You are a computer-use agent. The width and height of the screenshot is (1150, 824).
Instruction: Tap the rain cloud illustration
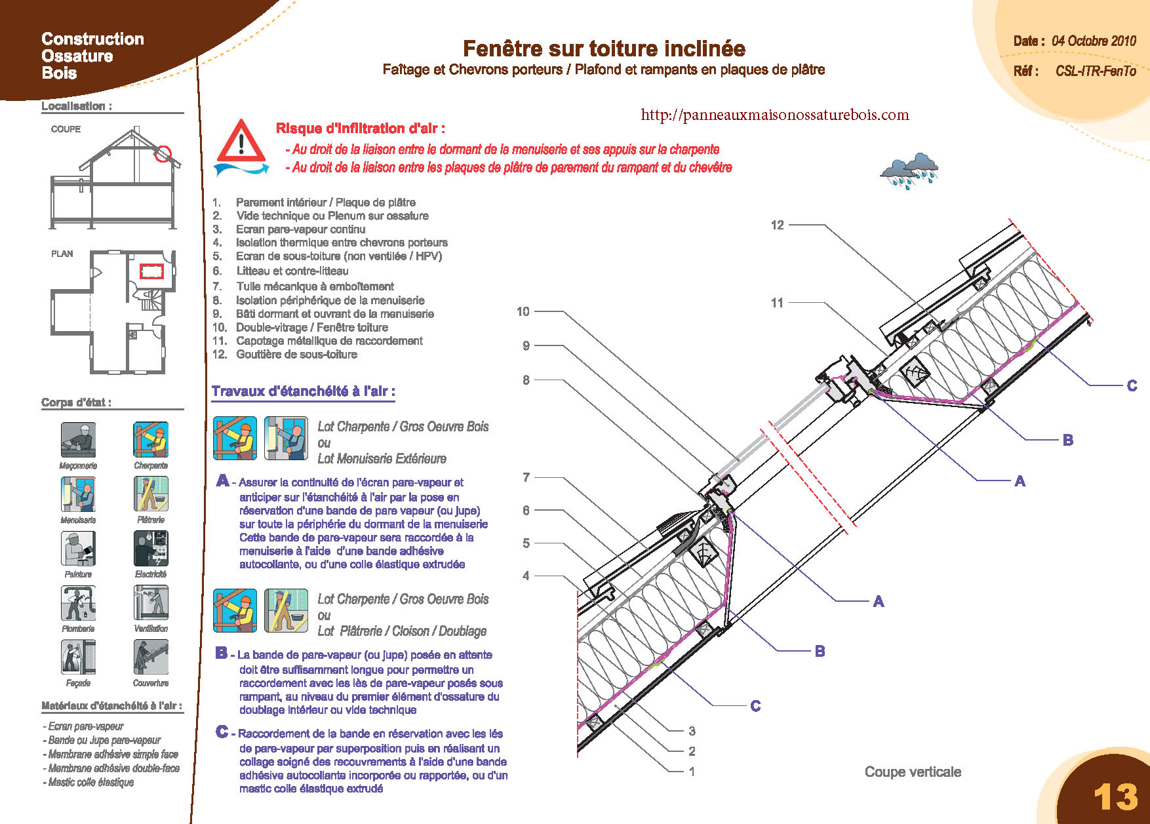coord(909,170)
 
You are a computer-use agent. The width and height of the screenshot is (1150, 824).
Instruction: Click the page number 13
coord(1115,796)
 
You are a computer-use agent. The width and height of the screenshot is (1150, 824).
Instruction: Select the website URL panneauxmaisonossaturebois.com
coord(774,115)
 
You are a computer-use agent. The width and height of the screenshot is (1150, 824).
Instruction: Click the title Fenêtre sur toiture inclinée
coord(604,49)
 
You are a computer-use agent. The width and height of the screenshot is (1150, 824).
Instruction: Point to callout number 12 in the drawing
coord(777,226)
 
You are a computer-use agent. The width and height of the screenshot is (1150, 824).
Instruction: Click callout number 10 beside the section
coord(523,311)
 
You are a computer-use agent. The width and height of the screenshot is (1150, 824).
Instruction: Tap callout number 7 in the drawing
coord(526,477)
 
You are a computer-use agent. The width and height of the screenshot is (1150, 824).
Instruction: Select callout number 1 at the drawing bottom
coord(692,772)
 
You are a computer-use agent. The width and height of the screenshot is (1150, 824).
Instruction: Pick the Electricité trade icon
coord(151,548)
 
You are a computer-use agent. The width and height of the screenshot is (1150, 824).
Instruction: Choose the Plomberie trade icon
coord(78,602)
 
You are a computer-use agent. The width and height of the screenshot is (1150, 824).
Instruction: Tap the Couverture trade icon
coord(151,657)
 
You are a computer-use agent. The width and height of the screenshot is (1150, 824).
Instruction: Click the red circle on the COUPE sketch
coord(163,155)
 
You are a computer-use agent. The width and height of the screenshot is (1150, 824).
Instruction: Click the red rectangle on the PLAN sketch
coord(151,271)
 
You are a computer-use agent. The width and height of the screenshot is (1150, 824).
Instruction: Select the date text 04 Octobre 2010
coord(1094,41)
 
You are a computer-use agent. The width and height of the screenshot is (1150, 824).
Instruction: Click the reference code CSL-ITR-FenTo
coord(1095,71)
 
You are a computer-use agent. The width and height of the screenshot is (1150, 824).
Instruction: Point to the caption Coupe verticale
coord(913,772)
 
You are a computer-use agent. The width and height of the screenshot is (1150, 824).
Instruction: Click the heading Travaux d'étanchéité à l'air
coord(303,391)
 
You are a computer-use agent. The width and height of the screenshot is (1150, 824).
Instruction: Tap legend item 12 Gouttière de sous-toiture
coord(296,355)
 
